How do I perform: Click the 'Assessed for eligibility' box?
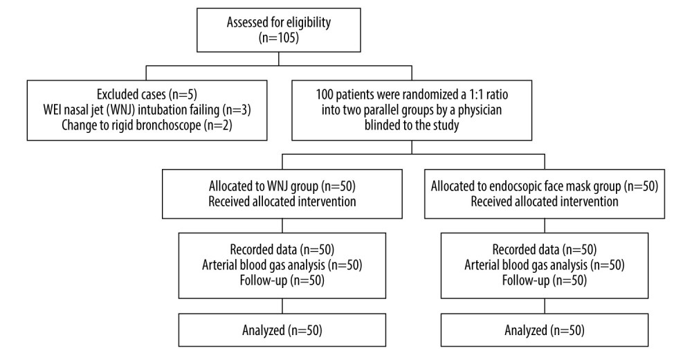click(280, 30)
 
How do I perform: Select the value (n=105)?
click(280, 39)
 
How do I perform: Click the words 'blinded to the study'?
click(412, 123)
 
